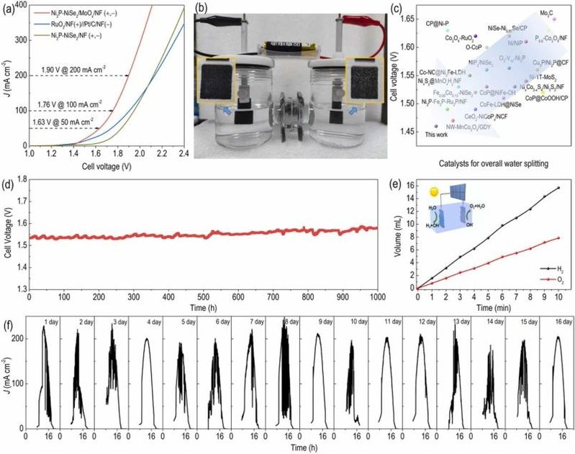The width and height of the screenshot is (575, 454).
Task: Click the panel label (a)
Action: (9, 8)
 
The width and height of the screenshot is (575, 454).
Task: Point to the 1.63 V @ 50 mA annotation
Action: (66, 122)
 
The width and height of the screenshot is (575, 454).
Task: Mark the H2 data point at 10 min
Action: (558, 189)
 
